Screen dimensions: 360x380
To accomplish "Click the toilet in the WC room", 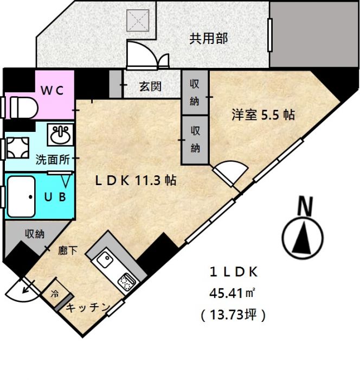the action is pyautogui.click(x=24, y=107).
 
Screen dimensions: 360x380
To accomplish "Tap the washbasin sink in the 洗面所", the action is pyautogui.click(x=60, y=135).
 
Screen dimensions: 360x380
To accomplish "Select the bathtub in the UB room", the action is pyautogui.click(x=21, y=197).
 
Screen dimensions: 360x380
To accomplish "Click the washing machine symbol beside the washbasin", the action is pyautogui.click(x=18, y=148).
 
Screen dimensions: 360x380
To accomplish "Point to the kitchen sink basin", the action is pyautogui.click(x=105, y=259).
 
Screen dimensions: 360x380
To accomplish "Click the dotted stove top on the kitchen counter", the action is pyautogui.click(x=127, y=282).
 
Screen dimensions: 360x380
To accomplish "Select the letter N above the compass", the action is pyautogui.click(x=305, y=206).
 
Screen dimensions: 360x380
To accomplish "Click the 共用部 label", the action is pyautogui.click(x=208, y=39).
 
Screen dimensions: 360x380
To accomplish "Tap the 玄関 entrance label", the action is pyautogui.click(x=150, y=86).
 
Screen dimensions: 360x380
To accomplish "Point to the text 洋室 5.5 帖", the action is pyautogui.click(x=263, y=115).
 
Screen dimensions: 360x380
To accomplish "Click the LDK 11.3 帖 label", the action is pyautogui.click(x=136, y=181).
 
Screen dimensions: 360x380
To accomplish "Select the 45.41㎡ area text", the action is pyautogui.click(x=232, y=294).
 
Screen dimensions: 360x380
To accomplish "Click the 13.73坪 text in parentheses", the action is pyautogui.click(x=233, y=315).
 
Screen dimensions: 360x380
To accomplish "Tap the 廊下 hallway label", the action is pyautogui.click(x=68, y=251).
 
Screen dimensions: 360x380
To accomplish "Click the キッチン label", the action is pyautogui.click(x=88, y=308).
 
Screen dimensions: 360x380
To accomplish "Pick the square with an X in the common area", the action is pyautogui.click(x=138, y=21).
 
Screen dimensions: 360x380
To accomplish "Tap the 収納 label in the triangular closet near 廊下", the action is pyautogui.click(x=35, y=234).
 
